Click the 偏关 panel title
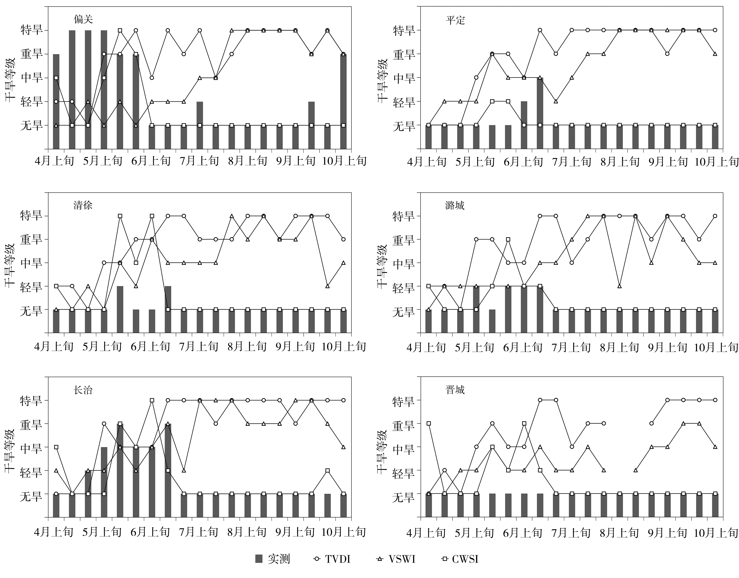tap(83, 20)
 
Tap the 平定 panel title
tap(456, 20)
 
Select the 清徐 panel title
tap(83, 205)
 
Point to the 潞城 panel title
tap(455, 205)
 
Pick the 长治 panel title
tap(83, 390)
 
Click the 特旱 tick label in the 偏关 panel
tap(32, 30)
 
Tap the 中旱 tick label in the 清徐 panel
tap(31, 263)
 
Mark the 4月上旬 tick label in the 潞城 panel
tap(426, 347)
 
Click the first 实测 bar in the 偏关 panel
tap(56, 101)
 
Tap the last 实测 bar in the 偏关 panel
tap(343, 101)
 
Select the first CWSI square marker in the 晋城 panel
tap(429, 423)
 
